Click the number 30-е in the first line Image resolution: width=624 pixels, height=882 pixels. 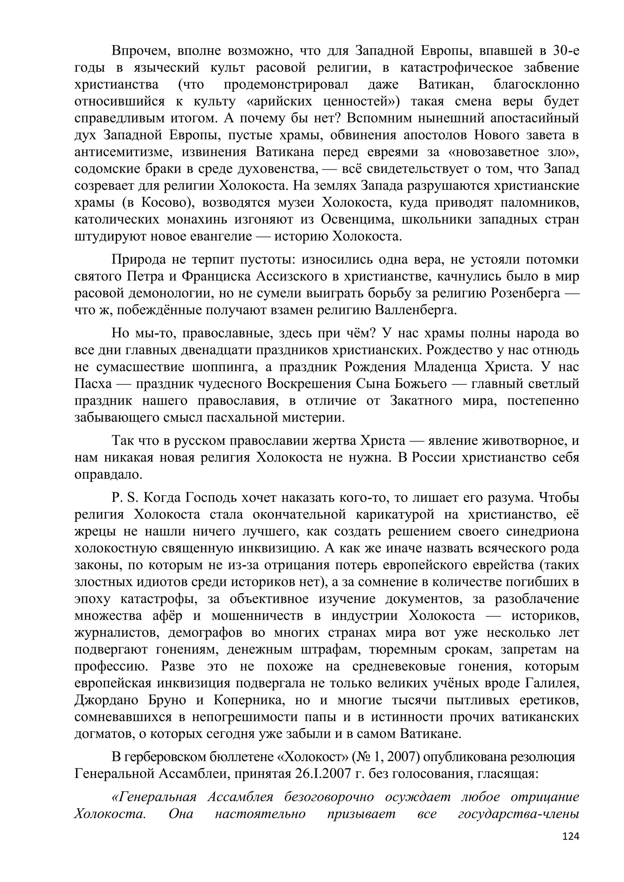tap(564, 50)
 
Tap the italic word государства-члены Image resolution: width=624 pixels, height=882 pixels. tap(518, 813)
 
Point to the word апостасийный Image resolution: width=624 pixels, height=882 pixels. tap(538, 118)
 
